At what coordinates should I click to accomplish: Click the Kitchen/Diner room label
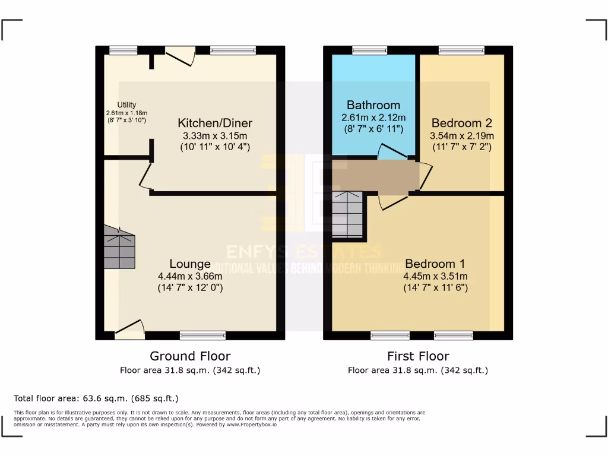[215, 123]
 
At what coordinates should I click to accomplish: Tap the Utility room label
[126, 105]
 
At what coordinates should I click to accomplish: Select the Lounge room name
[190, 264]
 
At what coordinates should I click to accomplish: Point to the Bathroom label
[373, 105]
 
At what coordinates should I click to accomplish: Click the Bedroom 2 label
[461, 123]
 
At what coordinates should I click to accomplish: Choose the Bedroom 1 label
[435, 264]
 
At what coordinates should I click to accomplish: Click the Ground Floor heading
[190, 356]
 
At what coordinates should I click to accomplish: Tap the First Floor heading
[418, 356]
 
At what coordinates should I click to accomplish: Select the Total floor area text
[96, 398]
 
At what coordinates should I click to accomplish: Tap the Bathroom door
[392, 152]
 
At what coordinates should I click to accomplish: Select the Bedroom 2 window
[461, 50]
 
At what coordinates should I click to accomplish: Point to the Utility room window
[123, 50]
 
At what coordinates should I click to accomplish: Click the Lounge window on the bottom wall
[202, 336]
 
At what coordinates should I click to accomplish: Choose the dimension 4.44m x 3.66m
[190, 276]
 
